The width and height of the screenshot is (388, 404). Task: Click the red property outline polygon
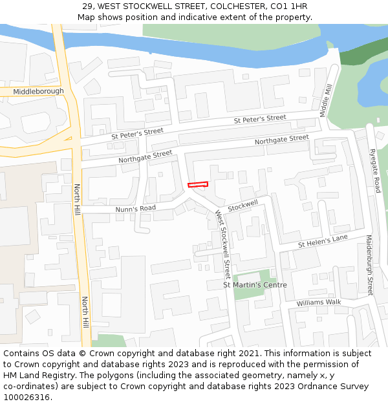pos(198,185)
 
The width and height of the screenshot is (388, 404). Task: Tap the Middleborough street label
pos(38,91)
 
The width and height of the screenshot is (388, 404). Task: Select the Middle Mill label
pos(325,101)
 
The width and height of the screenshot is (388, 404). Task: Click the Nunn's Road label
pos(136,208)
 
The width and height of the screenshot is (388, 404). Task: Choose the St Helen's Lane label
pos(323,242)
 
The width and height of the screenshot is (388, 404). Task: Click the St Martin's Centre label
pos(255,284)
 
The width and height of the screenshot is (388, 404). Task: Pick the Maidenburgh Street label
pos(370,265)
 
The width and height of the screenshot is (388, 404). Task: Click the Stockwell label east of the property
pos(242,205)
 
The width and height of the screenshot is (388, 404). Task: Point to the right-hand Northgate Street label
pos(281,140)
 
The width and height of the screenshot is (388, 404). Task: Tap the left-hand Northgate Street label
pos(145,156)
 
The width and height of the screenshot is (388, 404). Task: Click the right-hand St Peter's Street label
pos(260,120)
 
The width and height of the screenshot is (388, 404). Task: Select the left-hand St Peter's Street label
pos(137,133)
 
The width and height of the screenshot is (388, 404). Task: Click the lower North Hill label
pos(85,312)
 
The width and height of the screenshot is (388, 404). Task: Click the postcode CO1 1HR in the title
pos(290,6)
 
